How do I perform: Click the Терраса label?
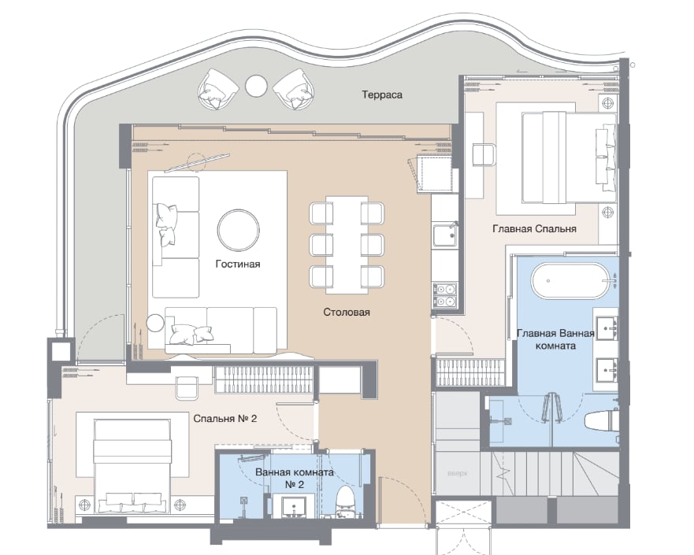[382, 95]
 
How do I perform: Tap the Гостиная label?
[238, 264]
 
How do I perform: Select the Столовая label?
[346, 313]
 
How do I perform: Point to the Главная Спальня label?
[534, 228]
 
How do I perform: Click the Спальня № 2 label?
[225, 418]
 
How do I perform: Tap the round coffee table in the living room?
[238, 230]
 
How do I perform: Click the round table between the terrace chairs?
[256, 85]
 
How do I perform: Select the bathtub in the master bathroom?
[570, 280]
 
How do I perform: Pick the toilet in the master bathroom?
[601, 420]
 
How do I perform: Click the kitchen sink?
[445, 235]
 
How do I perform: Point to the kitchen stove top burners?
[445, 295]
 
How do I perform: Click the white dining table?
[347, 245]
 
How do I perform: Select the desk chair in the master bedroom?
[484, 154]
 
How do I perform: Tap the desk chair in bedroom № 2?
[187, 387]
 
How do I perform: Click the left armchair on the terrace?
[218, 89]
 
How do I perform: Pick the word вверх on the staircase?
[457, 474]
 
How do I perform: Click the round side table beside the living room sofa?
[155, 323]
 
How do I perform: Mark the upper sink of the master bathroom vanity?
[606, 327]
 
